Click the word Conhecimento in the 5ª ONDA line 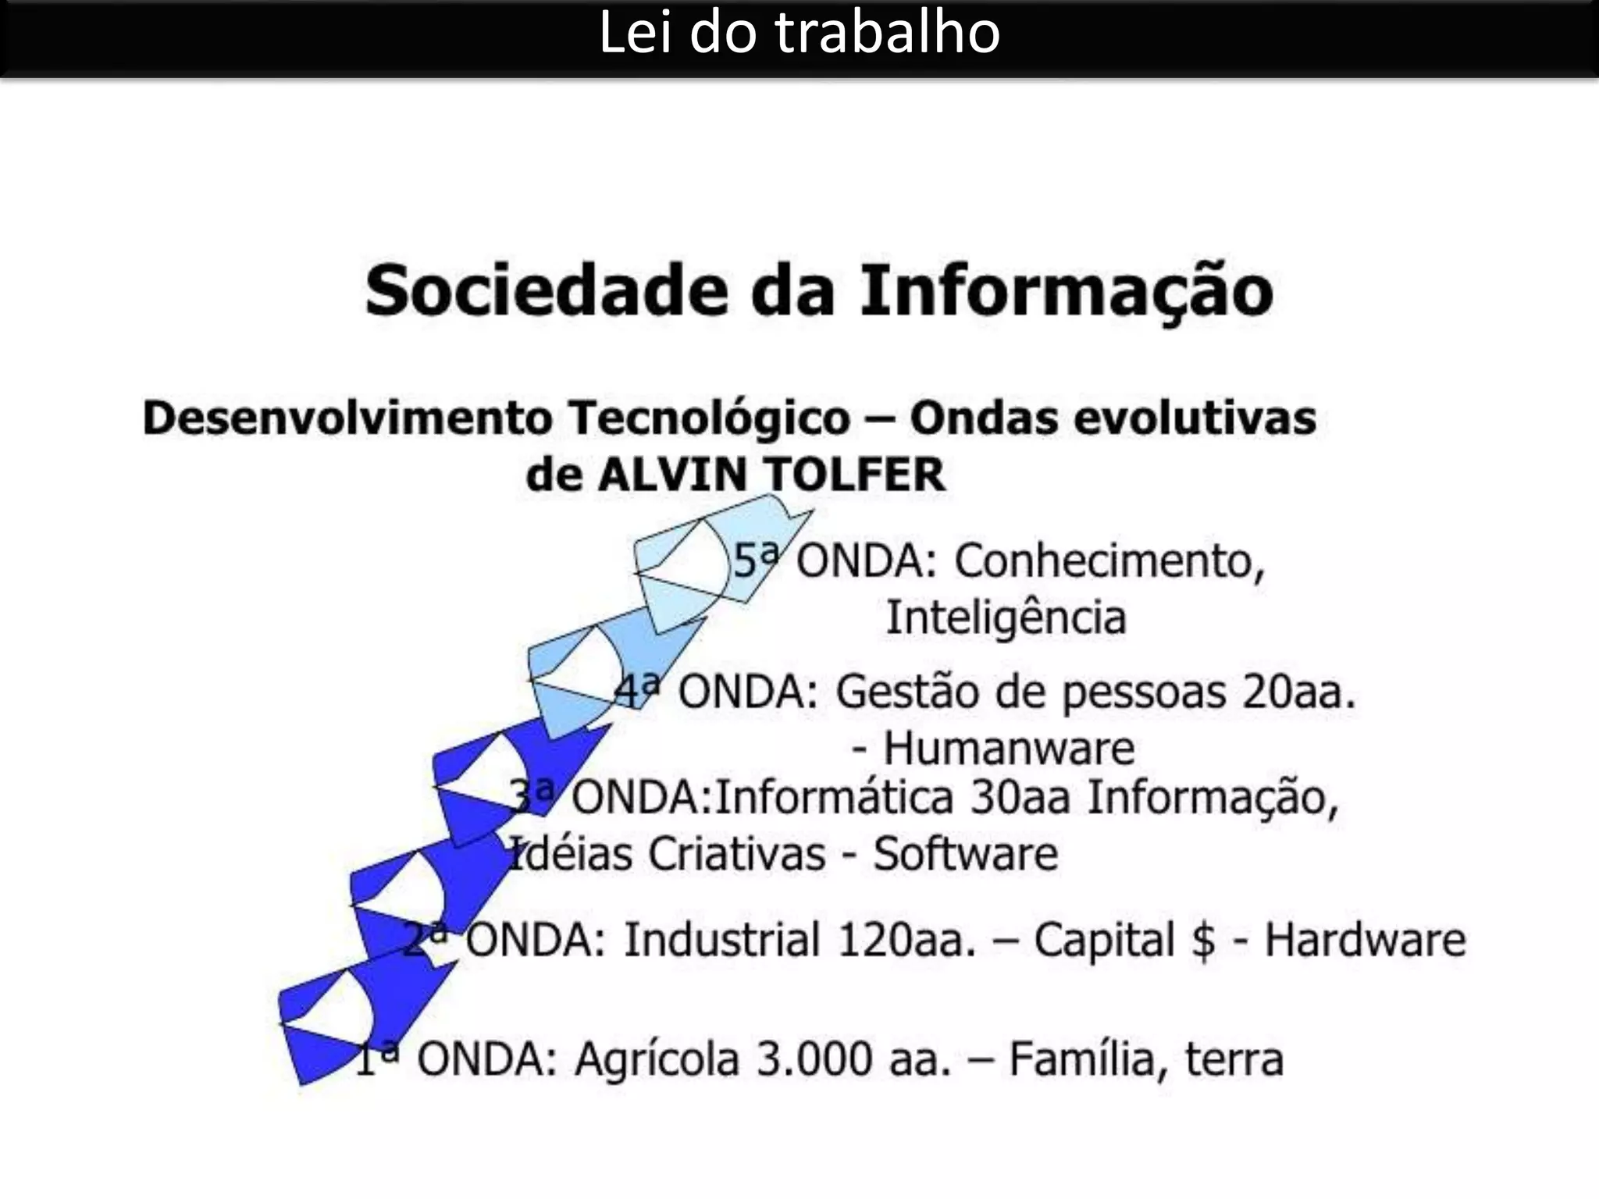(x=1109, y=560)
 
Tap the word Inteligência (x=1006, y=617)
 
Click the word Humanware (x=1009, y=748)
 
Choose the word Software (x=965, y=853)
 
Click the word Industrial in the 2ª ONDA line (x=721, y=939)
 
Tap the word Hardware (x=1365, y=939)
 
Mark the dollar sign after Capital (x=1203, y=941)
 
